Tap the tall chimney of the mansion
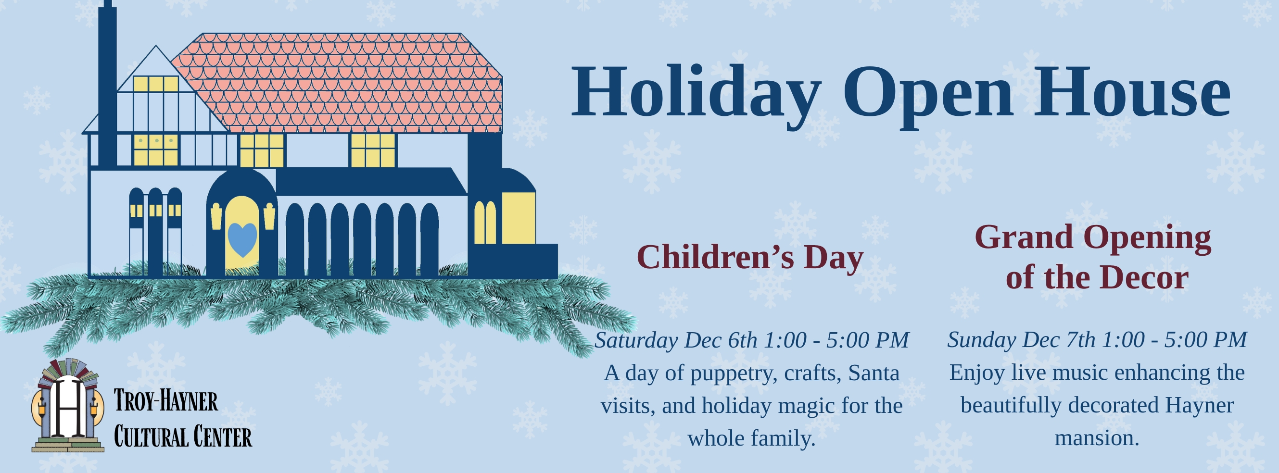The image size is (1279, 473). pyautogui.click(x=107, y=85)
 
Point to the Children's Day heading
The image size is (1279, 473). pyautogui.click(x=750, y=258)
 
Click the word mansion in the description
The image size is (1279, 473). pyautogui.click(x=1097, y=438)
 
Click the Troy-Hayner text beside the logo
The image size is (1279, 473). pyautogui.click(x=166, y=401)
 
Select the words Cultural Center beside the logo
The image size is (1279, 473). pyautogui.click(x=183, y=437)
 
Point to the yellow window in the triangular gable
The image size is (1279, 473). pyautogui.click(x=155, y=84)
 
